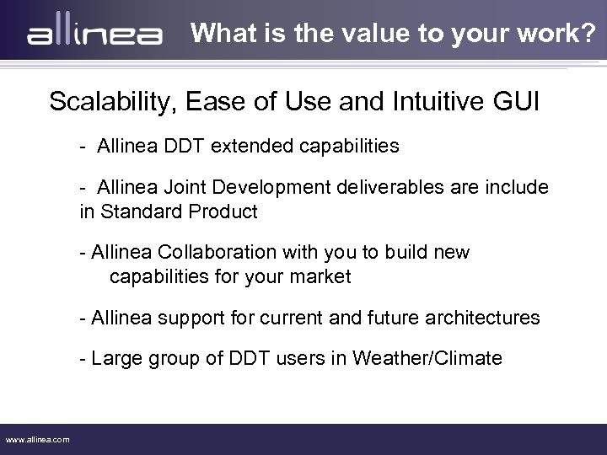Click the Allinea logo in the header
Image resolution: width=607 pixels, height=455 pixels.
click(x=94, y=35)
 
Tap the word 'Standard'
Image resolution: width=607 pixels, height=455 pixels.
click(x=135, y=211)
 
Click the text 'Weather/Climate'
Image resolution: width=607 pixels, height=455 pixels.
click(x=431, y=359)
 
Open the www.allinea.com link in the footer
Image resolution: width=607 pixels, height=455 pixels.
click(x=38, y=439)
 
